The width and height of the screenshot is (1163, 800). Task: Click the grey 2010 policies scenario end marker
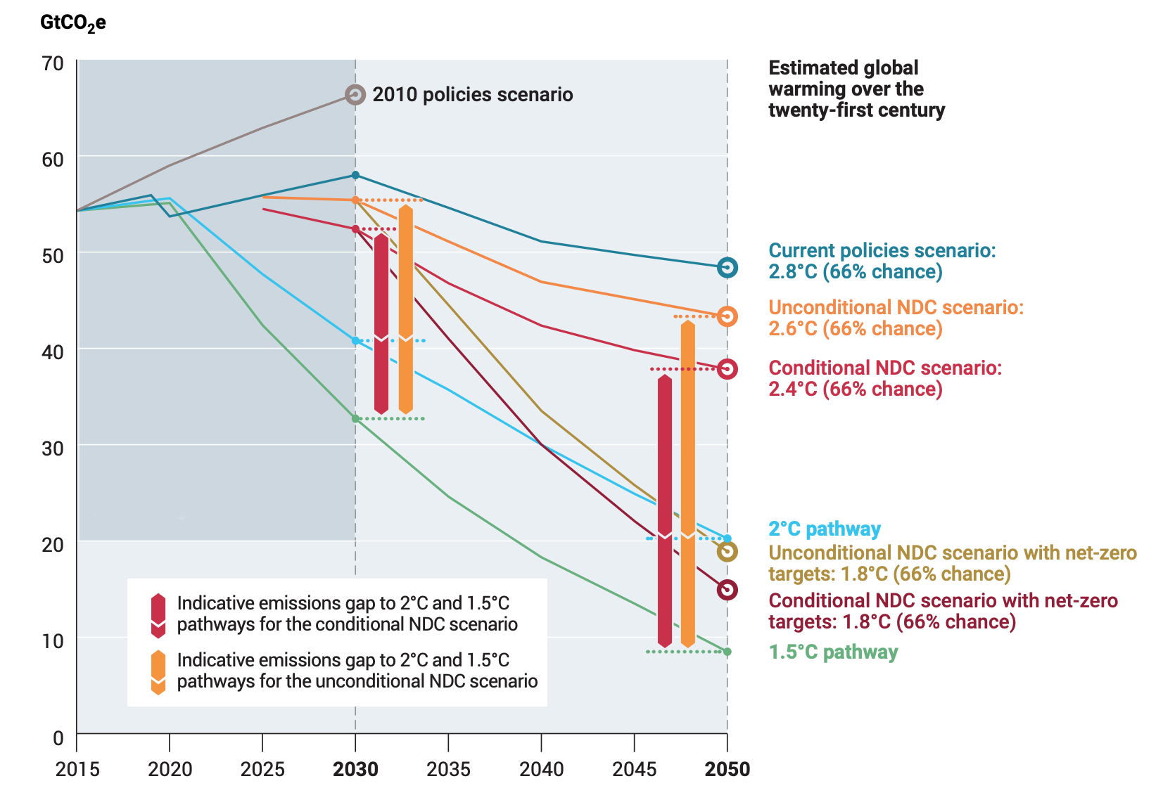(355, 94)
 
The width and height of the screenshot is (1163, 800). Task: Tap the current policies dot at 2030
(355, 175)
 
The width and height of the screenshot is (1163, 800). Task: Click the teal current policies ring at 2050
(727, 267)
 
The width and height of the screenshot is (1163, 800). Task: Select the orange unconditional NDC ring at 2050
(727, 316)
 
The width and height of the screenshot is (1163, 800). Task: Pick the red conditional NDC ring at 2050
(727, 369)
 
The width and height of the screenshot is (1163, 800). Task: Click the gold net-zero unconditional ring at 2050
(727, 552)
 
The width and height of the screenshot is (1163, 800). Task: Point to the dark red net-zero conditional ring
(727, 590)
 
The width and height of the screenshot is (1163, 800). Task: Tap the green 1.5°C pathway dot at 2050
(727, 652)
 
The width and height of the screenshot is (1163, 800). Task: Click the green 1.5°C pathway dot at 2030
(355, 418)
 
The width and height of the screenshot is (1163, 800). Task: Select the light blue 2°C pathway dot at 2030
(355, 341)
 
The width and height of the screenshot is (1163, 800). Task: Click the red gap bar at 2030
(381, 323)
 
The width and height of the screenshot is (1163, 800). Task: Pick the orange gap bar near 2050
(688, 485)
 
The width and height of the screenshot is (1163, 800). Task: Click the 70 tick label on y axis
(53, 63)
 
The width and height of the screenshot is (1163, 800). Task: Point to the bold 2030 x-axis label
(355, 769)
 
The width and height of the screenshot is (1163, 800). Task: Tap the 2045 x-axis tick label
(634, 769)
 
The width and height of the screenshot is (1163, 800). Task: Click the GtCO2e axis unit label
(73, 23)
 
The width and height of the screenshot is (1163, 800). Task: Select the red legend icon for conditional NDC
(158, 615)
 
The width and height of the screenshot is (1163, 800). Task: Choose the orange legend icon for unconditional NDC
(158, 672)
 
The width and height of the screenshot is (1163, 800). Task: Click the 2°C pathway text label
(824, 529)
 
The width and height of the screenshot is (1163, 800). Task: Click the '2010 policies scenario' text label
(472, 94)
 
